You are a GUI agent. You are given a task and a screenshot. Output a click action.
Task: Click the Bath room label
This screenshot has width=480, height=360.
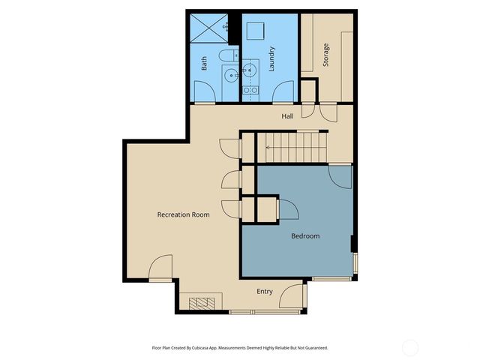click(x=204, y=64)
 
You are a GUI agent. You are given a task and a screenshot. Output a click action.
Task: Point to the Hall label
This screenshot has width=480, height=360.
click(x=287, y=116)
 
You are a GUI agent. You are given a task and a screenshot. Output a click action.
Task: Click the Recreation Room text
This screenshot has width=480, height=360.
click(x=183, y=214)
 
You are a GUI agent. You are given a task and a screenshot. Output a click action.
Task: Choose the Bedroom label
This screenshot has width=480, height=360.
click(x=305, y=235)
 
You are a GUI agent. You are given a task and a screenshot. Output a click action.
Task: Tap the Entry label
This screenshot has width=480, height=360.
click(x=265, y=292)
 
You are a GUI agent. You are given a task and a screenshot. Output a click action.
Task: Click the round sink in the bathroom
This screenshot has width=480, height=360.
click(x=230, y=73)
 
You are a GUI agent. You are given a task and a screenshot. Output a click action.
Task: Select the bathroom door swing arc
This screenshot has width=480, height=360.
click(x=204, y=93)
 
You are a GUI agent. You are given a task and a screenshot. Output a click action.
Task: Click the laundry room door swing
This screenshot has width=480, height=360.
click(x=283, y=92)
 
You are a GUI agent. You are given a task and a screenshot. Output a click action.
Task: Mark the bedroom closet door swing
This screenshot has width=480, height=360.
click(x=287, y=209)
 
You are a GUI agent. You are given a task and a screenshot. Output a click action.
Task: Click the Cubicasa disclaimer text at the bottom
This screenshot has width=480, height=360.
click(x=240, y=348)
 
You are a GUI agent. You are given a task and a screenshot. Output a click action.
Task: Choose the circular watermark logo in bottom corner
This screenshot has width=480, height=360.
click(x=410, y=346)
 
